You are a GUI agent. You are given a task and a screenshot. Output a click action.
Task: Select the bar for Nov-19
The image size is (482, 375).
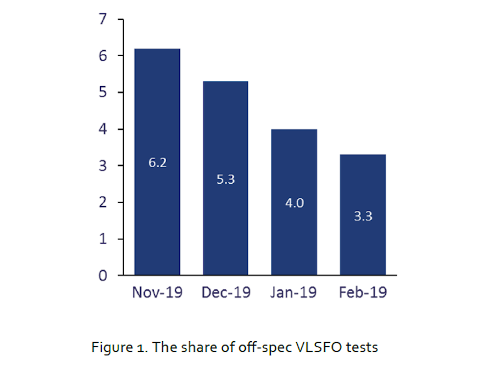coord(157,162)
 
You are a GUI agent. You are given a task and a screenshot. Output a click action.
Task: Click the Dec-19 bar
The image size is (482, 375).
coord(225,178)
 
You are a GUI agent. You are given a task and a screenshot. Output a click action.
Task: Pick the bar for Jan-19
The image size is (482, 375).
coord(294,202)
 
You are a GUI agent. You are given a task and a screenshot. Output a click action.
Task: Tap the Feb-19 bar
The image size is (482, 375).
coord(363,215)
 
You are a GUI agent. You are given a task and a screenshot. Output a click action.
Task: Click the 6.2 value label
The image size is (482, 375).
coord(157,163)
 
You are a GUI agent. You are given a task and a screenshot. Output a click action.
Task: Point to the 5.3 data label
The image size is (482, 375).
coord(225,179)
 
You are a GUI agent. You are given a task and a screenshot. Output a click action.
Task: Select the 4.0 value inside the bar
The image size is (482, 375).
coord(295,203)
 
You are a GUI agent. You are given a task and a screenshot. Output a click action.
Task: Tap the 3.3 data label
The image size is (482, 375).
coord(363,216)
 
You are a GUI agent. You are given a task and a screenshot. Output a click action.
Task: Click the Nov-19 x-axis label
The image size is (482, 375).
coord(157,292)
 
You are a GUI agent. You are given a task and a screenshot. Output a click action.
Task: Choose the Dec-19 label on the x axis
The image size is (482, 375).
coord(226,292)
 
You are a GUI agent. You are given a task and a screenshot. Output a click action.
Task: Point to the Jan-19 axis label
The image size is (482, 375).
coord(293,292)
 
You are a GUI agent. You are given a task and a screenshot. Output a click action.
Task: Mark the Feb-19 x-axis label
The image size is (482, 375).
coord(363,292)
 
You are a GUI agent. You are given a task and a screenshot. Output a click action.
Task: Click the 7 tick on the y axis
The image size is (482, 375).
coord(103,19)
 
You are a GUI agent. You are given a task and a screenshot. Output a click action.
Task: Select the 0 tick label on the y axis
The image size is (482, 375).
coord(103,276)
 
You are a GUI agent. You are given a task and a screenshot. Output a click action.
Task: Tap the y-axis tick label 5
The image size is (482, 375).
coord(103,92)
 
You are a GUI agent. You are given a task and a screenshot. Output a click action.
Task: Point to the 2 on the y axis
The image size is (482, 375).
coord(103,202)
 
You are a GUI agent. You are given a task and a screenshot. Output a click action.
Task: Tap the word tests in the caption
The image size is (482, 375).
coord(362,348)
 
